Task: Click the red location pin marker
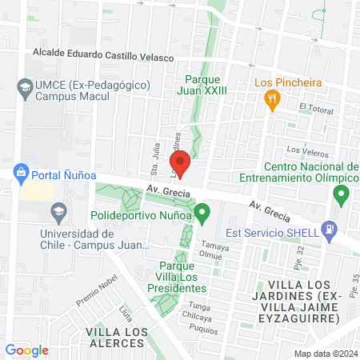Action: point(181,162)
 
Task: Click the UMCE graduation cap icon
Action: point(25,86)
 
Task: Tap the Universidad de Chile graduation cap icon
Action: point(58,213)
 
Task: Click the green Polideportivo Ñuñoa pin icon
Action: point(202,214)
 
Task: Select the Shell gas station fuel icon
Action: point(328,230)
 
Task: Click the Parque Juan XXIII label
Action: point(206,85)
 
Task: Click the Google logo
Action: point(26,350)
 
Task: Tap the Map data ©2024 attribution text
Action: point(325,353)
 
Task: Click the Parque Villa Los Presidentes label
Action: point(171,277)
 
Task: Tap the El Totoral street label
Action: point(314,106)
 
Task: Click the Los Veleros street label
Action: point(304,150)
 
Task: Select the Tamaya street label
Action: point(210,244)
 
